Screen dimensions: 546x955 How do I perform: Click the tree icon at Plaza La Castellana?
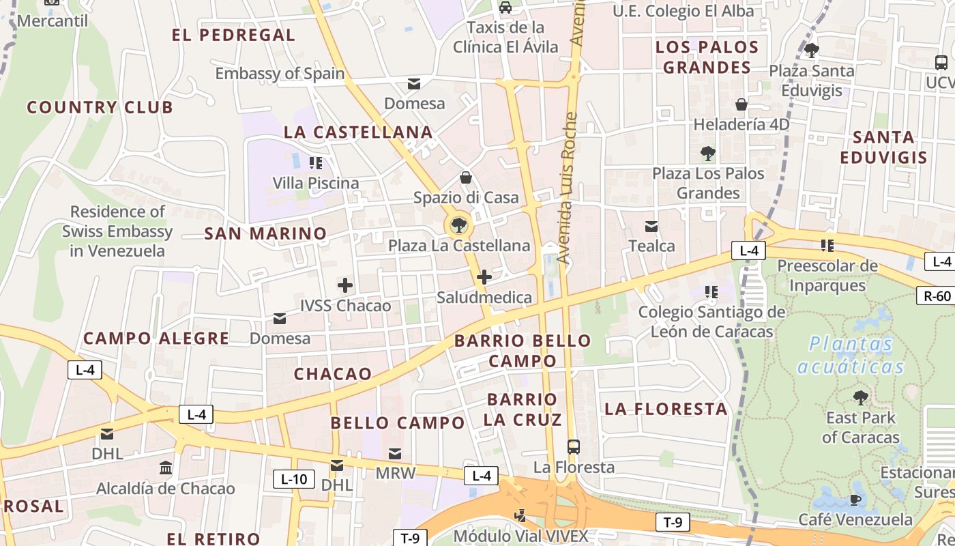(x=458, y=225)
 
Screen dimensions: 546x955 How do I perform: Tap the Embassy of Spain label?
(x=280, y=74)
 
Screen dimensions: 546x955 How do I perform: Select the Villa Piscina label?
(x=315, y=183)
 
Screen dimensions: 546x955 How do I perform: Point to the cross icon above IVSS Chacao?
(x=345, y=285)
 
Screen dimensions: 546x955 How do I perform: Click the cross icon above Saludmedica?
(x=484, y=277)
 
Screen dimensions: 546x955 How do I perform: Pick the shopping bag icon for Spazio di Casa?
(x=466, y=177)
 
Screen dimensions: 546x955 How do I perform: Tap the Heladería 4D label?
(x=741, y=125)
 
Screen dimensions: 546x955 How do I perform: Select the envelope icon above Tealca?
(x=651, y=226)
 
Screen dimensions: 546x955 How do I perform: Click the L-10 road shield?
(x=294, y=479)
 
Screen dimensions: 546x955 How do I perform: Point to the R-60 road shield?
(x=937, y=296)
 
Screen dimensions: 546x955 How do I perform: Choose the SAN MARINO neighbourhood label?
(x=266, y=233)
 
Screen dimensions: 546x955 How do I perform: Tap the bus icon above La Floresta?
(x=574, y=447)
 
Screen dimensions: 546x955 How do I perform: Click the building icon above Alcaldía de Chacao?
(x=165, y=468)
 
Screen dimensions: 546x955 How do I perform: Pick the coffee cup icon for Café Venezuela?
(x=855, y=500)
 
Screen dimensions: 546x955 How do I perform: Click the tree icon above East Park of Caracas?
(x=861, y=397)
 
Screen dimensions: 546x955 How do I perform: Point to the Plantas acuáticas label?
(x=851, y=355)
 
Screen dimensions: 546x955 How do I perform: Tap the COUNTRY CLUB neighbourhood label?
(x=100, y=107)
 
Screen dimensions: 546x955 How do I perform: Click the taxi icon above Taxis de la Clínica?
(x=505, y=8)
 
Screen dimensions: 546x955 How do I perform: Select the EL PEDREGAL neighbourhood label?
(x=233, y=35)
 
